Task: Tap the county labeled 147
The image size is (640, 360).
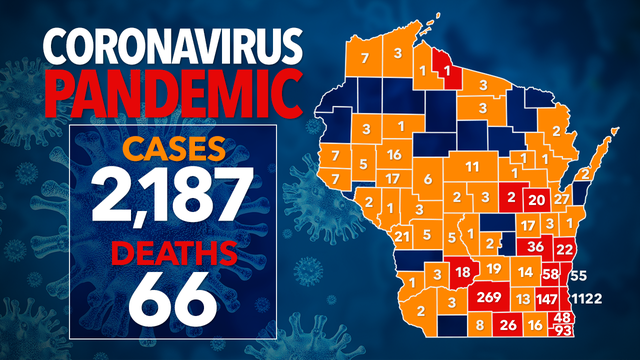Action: [x=548, y=299]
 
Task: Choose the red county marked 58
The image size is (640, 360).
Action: [x=551, y=273]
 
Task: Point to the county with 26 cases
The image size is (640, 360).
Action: [x=508, y=324]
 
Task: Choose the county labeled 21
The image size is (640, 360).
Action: [x=401, y=236]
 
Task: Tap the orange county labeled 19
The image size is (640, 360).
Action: [x=494, y=270]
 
